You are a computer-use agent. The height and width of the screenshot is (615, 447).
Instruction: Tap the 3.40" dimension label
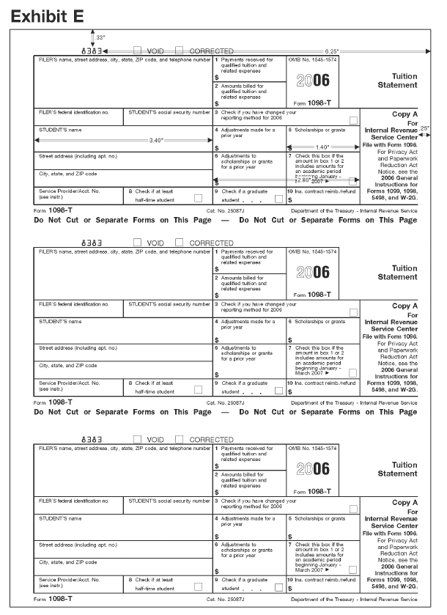(x=156, y=140)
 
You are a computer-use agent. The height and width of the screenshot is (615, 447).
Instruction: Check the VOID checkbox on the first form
(x=137, y=51)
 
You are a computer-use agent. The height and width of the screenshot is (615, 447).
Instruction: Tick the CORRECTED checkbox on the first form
(x=180, y=51)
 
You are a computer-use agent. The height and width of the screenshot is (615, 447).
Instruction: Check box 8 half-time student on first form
(x=198, y=198)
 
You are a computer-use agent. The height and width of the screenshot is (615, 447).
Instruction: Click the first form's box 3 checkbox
(x=354, y=120)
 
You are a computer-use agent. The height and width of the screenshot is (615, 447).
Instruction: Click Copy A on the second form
(x=404, y=306)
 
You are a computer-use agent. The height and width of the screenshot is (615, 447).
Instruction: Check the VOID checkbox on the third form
(x=137, y=439)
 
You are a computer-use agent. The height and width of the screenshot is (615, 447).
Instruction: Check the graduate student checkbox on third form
(x=278, y=587)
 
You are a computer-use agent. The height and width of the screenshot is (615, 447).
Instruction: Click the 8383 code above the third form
(x=96, y=440)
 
